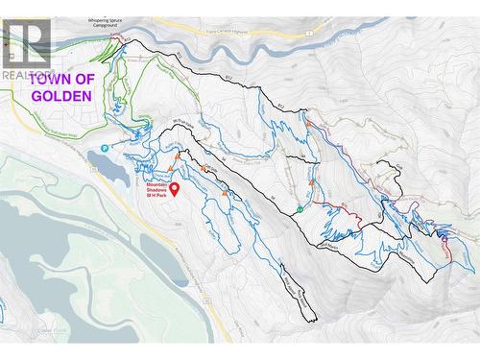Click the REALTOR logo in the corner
(x=26, y=48)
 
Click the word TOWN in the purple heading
(x=48, y=80)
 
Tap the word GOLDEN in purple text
(x=61, y=96)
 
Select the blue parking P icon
(x=105, y=149)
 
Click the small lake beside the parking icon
(x=110, y=169)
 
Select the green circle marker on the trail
(x=300, y=208)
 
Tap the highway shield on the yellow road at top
(x=309, y=34)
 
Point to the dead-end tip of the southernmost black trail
(x=313, y=321)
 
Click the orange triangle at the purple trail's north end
(x=307, y=123)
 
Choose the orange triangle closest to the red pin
(x=171, y=168)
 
